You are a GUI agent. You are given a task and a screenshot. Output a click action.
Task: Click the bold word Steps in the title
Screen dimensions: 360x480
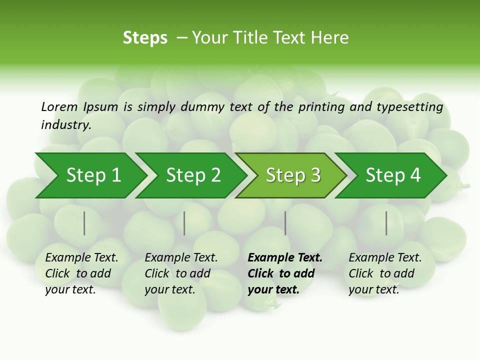click(145, 38)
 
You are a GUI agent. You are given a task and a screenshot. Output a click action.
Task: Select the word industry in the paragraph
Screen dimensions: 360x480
click(65, 124)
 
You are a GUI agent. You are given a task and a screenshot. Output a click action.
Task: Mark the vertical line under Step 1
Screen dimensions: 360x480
click(84, 223)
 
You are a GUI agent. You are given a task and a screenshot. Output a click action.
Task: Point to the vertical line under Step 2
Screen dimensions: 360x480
click(184, 223)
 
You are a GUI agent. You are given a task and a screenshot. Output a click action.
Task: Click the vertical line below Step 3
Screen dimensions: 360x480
click(285, 223)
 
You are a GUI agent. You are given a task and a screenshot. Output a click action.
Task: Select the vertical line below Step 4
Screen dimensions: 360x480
click(386, 223)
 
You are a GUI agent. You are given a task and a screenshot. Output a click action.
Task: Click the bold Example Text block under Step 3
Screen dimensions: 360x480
click(285, 273)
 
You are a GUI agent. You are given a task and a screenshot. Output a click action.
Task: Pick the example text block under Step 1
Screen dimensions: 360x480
click(81, 273)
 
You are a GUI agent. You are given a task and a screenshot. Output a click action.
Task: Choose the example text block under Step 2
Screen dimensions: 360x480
click(181, 273)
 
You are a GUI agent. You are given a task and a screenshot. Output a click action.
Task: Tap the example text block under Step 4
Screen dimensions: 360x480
click(385, 273)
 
